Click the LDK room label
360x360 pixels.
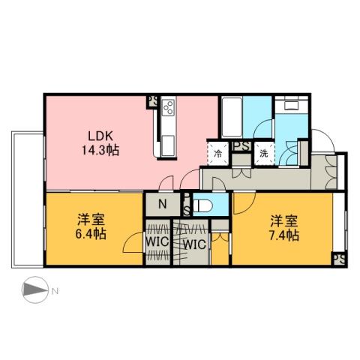[101, 136]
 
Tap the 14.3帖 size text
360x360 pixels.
[101, 150]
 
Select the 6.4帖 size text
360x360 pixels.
[90, 234]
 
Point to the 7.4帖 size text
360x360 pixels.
[285, 235]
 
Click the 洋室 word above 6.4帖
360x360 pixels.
[90, 220]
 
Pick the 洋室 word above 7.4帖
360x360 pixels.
[285, 221]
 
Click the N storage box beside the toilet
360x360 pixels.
[162, 202]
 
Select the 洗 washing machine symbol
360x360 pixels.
[264, 152]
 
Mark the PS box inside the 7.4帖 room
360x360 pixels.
[339, 259]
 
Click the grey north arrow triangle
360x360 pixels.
[31, 289]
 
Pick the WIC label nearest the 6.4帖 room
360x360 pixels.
[156, 243]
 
